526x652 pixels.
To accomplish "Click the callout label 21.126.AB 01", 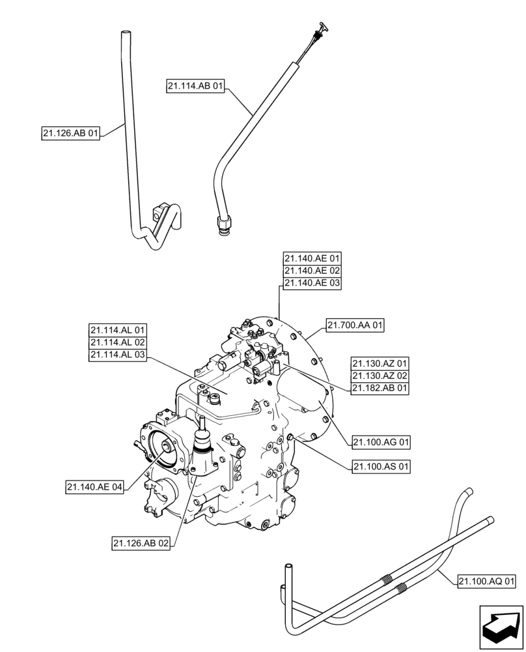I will point(71,134).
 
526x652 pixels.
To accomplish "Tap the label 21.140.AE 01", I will point(312,258).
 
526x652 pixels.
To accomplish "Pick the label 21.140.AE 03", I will point(312,282).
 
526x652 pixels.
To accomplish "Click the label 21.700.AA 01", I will point(355,325).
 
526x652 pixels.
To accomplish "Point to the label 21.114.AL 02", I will point(118,342).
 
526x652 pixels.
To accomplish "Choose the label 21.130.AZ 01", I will point(380,363).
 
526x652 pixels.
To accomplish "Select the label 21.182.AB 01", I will point(380,388).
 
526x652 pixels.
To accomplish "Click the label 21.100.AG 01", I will point(382,442).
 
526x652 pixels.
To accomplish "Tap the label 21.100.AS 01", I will point(382,466).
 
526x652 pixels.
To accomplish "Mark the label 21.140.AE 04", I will point(94,486).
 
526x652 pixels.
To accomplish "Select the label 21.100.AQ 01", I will point(487,580).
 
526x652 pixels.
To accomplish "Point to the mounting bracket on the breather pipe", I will point(156,211).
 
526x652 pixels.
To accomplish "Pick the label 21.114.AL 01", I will point(118,330).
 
